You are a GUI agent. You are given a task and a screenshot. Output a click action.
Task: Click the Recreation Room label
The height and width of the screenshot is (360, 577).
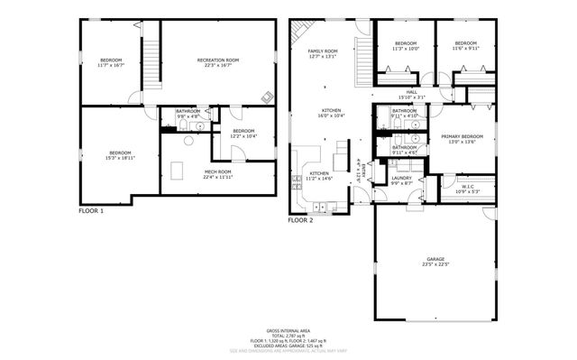(217, 62)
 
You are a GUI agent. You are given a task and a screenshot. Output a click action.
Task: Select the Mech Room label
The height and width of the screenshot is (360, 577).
(217, 174)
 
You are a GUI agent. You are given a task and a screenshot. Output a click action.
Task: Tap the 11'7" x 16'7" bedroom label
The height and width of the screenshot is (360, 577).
(110, 62)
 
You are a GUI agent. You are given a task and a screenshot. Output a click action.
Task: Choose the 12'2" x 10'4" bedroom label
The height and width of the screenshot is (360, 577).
(243, 134)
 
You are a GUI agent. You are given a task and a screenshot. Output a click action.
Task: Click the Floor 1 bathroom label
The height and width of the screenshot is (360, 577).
(188, 113)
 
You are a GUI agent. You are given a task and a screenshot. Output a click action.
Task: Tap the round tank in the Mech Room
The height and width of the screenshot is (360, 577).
(189, 141)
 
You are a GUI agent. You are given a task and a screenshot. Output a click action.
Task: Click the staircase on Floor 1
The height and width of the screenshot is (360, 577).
(150, 58)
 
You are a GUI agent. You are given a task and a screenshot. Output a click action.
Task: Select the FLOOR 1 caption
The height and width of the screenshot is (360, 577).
(91, 211)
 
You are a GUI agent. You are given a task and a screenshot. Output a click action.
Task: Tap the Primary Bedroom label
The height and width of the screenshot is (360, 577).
(462, 139)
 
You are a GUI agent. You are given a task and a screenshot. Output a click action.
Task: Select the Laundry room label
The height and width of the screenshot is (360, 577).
(402, 180)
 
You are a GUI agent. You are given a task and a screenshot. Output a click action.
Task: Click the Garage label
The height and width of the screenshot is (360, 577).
(436, 261)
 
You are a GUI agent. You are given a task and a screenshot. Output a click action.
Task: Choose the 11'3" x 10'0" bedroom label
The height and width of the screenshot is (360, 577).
(406, 46)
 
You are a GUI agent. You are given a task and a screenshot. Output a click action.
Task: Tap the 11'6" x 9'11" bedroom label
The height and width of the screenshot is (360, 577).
(465, 46)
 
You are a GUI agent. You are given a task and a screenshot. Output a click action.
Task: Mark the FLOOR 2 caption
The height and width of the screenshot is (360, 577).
(300, 219)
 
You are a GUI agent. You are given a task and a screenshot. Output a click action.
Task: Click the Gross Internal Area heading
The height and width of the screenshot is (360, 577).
(288, 331)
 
